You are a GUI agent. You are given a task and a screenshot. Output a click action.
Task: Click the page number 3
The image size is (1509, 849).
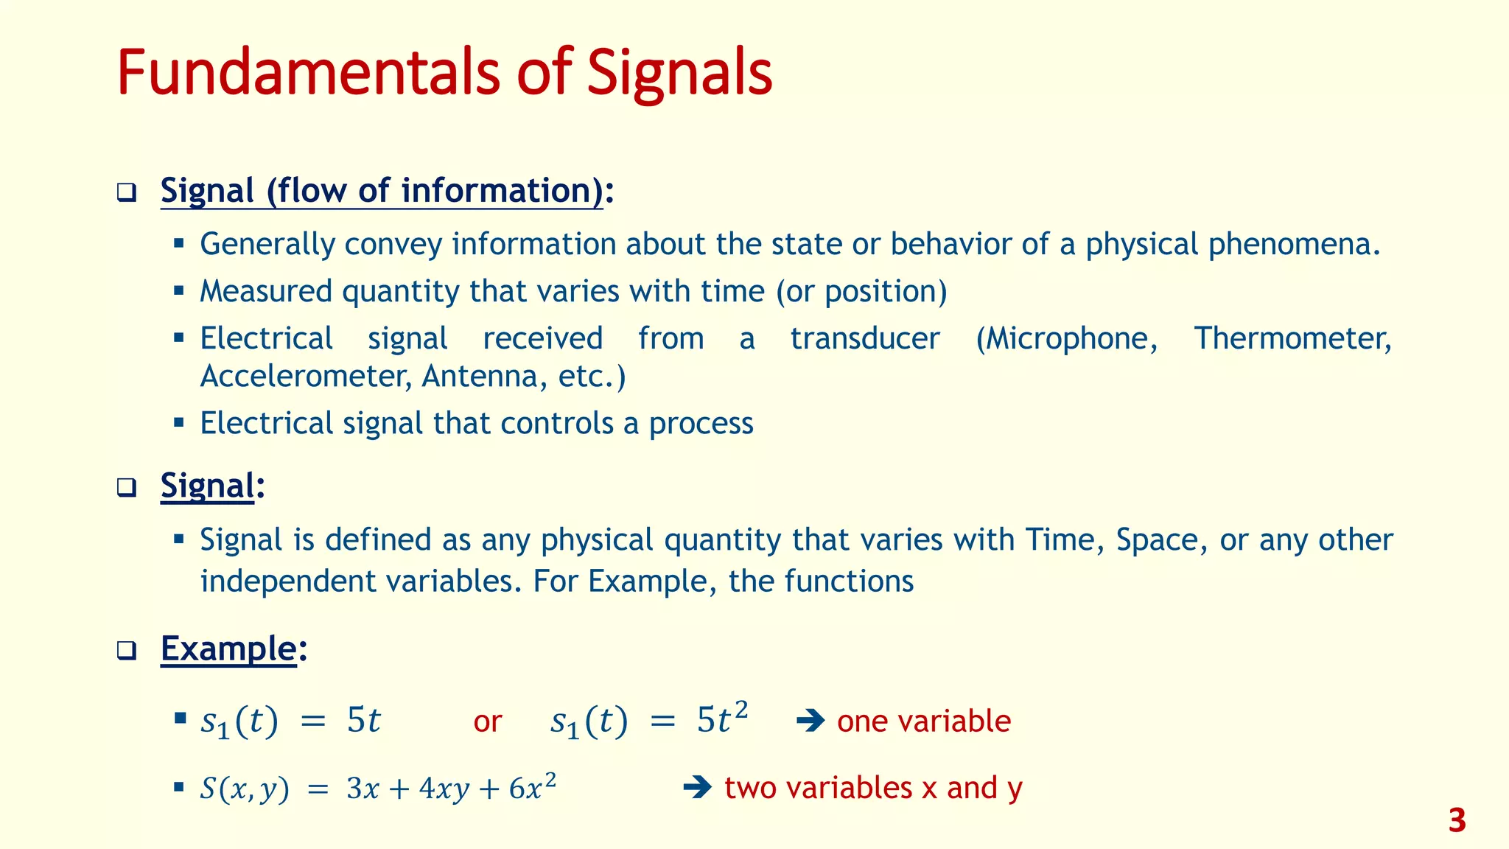tap(1457, 821)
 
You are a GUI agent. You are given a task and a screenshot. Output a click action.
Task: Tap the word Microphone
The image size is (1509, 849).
tap(1065, 339)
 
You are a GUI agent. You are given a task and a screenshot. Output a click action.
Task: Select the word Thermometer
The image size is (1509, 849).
tap(1292, 339)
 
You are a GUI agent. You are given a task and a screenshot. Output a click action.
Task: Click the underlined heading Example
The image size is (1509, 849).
tap(228, 649)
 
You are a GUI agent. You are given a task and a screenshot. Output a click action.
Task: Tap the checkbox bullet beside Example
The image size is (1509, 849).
tap(127, 651)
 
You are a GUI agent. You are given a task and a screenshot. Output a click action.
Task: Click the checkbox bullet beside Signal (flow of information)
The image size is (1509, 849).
tap(127, 193)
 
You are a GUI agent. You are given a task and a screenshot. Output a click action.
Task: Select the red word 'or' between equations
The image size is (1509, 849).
tap(487, 722)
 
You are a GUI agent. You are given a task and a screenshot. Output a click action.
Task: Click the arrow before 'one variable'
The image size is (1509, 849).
tap(810, 721)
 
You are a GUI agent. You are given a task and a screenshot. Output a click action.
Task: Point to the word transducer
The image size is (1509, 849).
tap(865, 339)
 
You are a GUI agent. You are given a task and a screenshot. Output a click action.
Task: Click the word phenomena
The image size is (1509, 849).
tap(1293, 245)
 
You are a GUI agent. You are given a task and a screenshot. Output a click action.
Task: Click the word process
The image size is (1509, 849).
tap(701, 424)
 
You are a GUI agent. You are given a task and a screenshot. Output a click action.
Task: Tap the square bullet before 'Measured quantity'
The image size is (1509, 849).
tap(178, 290)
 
